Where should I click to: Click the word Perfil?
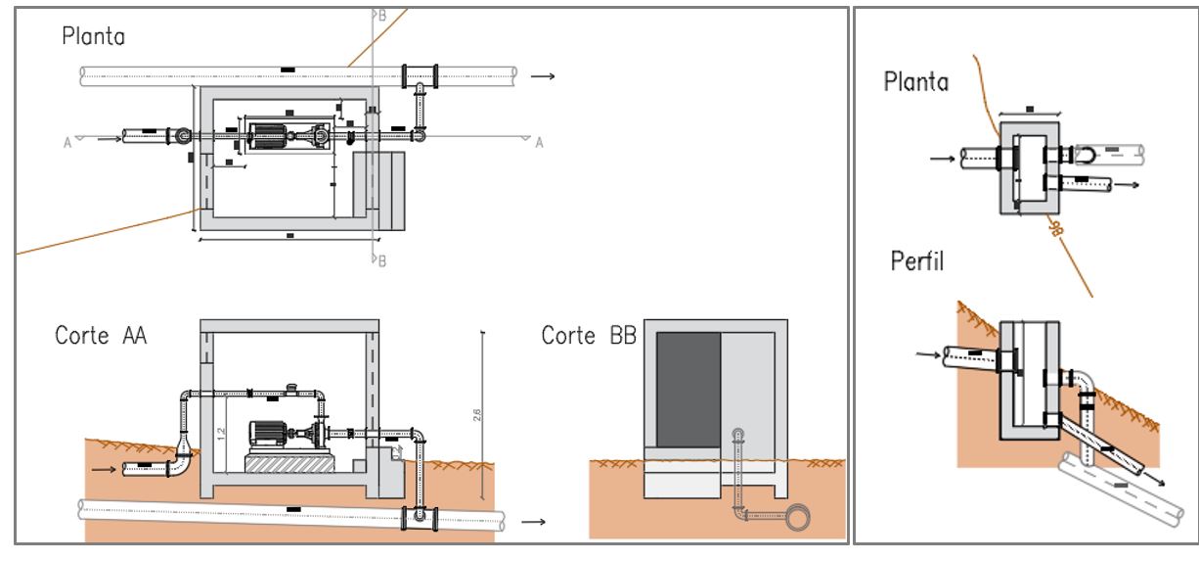pyautogui.click(x=917, y=262)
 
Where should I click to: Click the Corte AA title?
pyautogui.click(x=101, y=335)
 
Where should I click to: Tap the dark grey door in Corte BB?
pyautogui.click(x=688, y=390)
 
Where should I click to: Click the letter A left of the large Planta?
pyautogui.click(x=67, y=143)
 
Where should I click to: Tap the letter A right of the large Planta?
pyautogui.click(x=538, y=143)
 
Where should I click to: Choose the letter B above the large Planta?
pyautogui.click(x=382, y=15)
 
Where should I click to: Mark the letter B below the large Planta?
pyautogui.click(x=382, y=260)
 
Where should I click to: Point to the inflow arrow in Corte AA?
pyautogui.click(x=103, y=470)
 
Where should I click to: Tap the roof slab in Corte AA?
pyautogui.click(x=289, y=326)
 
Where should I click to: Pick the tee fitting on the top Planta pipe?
pyautogui.click(x=421, y=74)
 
